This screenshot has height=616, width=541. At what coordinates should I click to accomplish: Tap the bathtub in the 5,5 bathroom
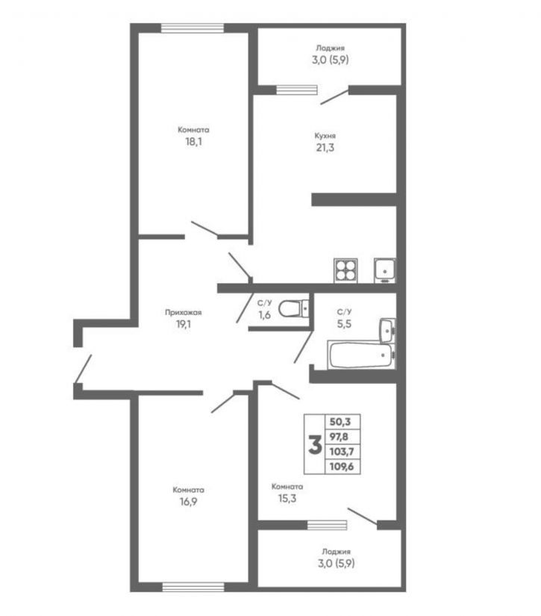click(360, 355)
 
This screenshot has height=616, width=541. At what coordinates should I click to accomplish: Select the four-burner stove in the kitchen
click(345, 270)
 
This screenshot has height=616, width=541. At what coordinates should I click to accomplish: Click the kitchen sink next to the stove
click(384, 270)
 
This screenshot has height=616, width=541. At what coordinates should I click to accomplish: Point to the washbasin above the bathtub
click(386, 329)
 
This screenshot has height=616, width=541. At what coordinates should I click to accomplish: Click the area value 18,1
click(193, 141)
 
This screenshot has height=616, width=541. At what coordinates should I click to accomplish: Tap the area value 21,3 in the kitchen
click(325, 148)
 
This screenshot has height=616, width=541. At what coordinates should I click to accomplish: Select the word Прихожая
click(184, 313)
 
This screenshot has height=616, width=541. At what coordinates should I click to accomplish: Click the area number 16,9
click(189, 502)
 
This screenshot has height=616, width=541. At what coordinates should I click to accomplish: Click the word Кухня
click(325, 136)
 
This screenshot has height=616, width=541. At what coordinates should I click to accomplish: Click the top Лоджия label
click(329, 48)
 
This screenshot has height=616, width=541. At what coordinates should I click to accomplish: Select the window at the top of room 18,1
click(193, 28)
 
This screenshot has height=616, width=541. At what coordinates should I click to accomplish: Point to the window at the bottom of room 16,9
click(193, 586)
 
